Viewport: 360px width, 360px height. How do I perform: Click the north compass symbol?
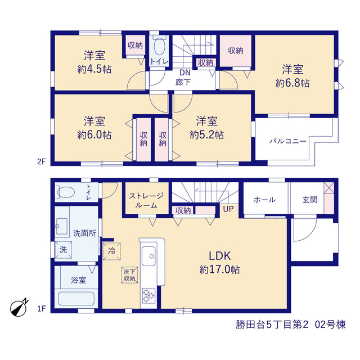(x=19, y=308)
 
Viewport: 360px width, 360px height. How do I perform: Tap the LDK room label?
(x=220, y=256)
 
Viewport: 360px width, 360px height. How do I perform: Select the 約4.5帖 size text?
(x=94, y=69)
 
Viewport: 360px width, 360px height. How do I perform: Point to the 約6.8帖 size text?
(x=292, y=83)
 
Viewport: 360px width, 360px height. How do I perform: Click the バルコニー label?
(x=288, y=141)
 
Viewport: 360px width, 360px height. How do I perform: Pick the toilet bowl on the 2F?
(x=159, y=46)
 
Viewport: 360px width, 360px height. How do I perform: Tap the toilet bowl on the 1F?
(x=66, y=192)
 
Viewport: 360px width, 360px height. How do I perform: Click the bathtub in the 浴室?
(x=76, y=299)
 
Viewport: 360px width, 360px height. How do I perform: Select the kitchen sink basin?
(x=148, y=256)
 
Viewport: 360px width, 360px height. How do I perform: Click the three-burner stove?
(x=148, y=296)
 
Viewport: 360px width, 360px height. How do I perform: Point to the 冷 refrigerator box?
(x=112, y=251)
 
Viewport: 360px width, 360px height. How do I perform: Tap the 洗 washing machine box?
(x=64, y=250)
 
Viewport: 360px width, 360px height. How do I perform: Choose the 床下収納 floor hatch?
(x=129, y=275)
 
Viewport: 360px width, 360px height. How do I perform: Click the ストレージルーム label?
(x=146, y=200)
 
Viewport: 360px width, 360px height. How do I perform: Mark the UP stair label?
(x=228, y=209)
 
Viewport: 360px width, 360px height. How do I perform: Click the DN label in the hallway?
(x=185, y=73)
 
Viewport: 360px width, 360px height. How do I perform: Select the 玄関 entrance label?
(x=310, y=200)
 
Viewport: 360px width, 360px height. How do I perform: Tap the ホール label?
(x=265, y=200)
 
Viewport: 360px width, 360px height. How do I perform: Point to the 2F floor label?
(x=42, y=162)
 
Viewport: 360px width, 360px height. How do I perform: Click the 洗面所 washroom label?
(x=85, y=233)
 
